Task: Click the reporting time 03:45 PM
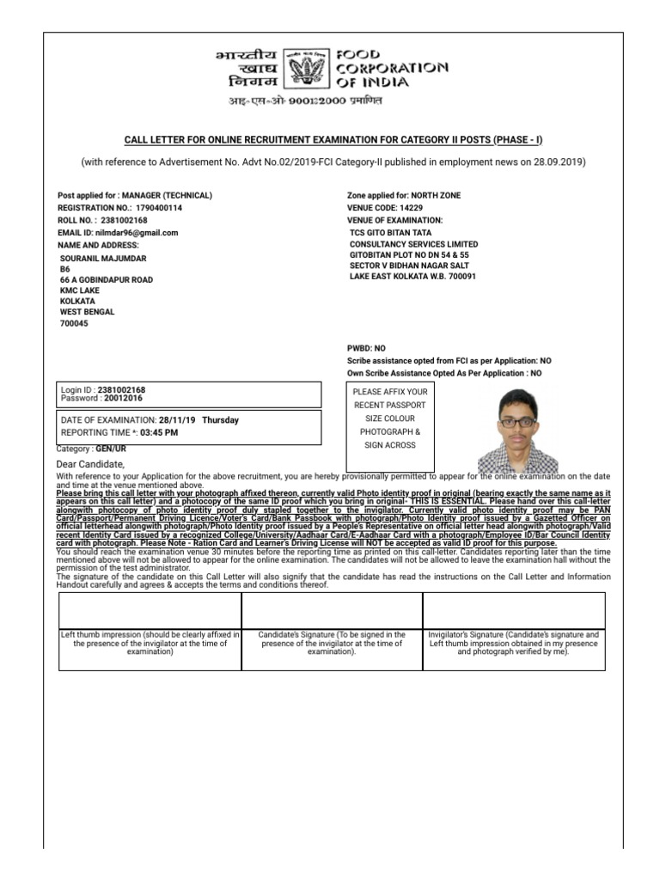(159, 433)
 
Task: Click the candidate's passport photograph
(516, 427)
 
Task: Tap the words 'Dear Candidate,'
(90, 464)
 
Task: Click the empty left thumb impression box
(150, 611)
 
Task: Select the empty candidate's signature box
(332, 611)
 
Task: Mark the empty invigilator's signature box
(514, 611)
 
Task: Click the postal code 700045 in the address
(73, 324)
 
